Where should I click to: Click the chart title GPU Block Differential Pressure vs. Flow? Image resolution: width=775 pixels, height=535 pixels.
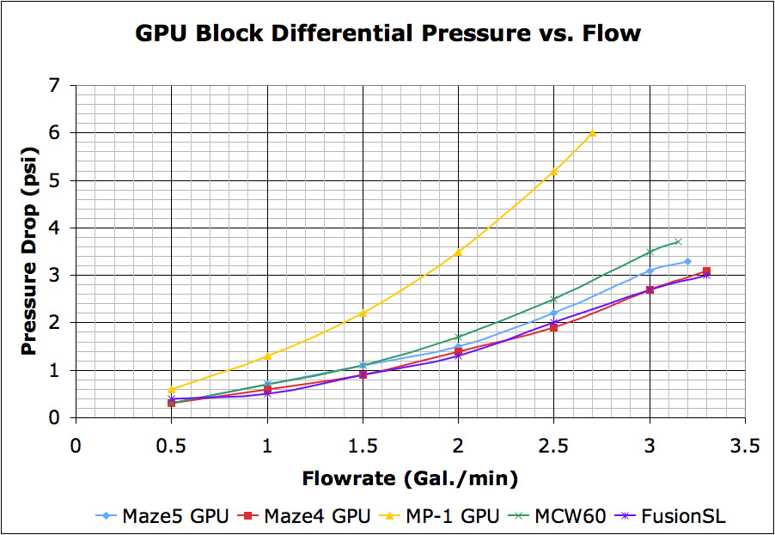coord(387,33)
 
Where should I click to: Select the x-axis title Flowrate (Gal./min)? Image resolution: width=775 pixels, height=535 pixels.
coord(409,478)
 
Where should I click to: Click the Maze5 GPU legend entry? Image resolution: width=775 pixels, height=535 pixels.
coord(163,516)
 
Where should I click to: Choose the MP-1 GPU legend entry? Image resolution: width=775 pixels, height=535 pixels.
coord(447,516)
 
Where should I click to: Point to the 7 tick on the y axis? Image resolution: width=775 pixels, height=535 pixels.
coord(57,86)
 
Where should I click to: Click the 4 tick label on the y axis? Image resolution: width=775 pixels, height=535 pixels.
coord(57,228)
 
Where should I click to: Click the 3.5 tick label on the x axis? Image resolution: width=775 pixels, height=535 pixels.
coord(744,447)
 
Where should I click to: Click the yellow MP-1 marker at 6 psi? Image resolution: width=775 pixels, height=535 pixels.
coord(592,133)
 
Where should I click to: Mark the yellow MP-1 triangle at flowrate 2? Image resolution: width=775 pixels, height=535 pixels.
coord(458,252)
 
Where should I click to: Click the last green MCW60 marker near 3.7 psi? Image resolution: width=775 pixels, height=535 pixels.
coord(678,241)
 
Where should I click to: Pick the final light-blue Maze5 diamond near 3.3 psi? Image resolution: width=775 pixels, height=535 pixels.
coord(687,261)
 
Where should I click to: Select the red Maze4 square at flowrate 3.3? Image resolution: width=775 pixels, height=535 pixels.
coord(706,271)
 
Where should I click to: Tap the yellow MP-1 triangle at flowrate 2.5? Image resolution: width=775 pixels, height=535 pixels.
coord(553,171)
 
